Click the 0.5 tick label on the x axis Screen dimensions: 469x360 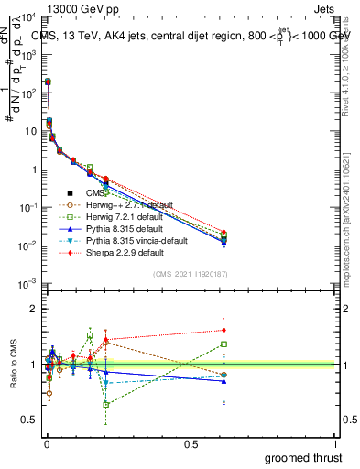(191, 444)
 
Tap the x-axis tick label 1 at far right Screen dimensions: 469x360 (335, 444)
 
